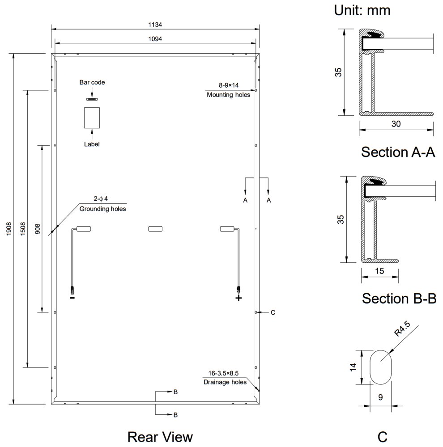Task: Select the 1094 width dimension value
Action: (155, 39)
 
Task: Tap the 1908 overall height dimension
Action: (9, 229)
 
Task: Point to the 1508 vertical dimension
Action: (23, 229)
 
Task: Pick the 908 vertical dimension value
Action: (37, 229)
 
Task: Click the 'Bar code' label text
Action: (92, 83)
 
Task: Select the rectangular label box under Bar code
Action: (92, 118)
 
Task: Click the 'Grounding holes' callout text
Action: (102, 209)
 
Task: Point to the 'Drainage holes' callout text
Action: (225, 382)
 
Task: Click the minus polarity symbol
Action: (72, 297)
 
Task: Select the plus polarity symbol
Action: (239, 298)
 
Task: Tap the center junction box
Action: (155, 229)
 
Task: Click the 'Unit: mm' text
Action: (362, 10)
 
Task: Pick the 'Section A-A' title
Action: (398, 152)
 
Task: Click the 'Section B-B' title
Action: (399, 298)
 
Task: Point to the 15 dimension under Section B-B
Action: (379, 270)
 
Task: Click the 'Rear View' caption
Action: (160, 437)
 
